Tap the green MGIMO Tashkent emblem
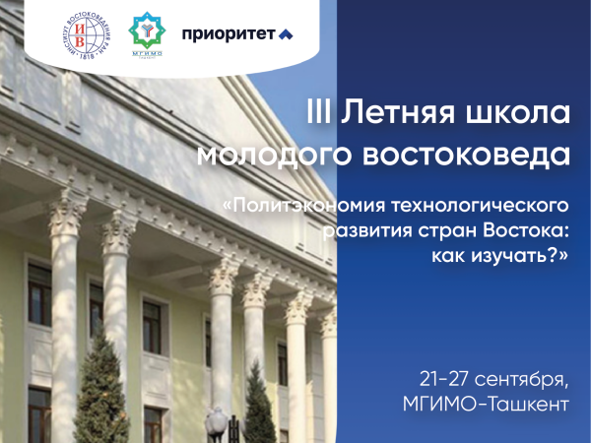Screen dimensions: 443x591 point(147,34)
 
